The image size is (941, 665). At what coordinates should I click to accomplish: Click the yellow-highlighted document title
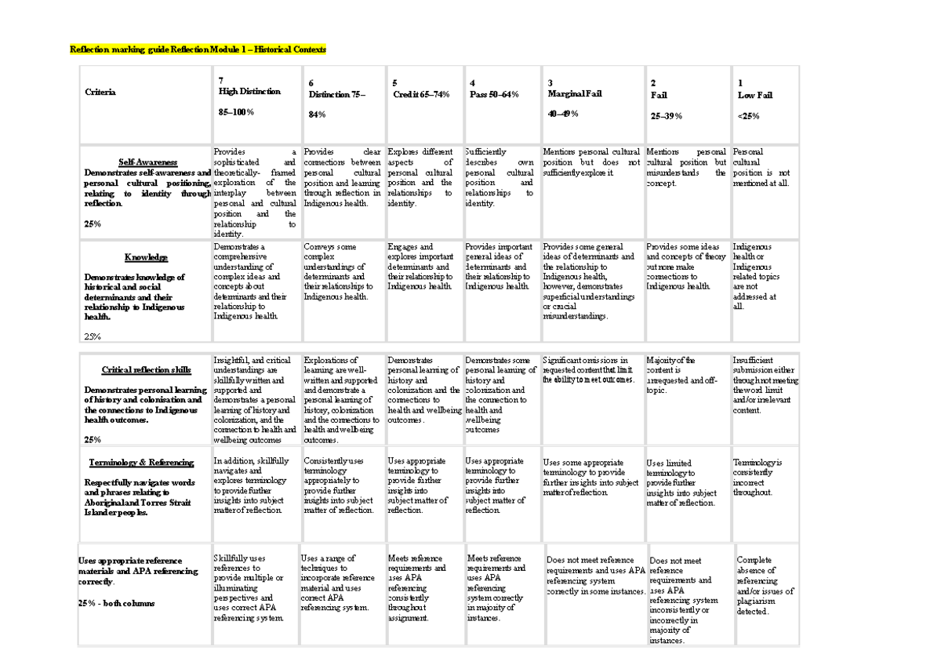(x=198, y=50)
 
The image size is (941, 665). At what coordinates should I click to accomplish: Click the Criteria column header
(x=100, y=93)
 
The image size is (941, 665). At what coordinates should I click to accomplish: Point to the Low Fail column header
(x=755, y=95)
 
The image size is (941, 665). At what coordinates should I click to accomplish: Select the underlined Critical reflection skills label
(x=146, y=370)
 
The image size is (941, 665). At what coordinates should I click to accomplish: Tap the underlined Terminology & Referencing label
(x=141, y=463)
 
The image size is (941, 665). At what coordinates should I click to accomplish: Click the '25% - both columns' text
(x=116, y=603)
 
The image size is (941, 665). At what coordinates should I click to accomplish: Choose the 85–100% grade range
(x=236, y=113)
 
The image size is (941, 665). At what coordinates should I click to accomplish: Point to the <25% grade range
(x=748, y=116)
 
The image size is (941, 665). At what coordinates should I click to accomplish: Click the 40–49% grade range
(x=562, y=114)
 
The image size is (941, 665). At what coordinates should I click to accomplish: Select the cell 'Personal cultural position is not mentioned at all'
(x=761, y=167)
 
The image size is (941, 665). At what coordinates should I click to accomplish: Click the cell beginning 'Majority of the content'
(x=681, y=375)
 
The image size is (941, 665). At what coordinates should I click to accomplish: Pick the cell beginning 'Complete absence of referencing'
(x=765, y=586)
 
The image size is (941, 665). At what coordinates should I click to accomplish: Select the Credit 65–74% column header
(x=421, y=95)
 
